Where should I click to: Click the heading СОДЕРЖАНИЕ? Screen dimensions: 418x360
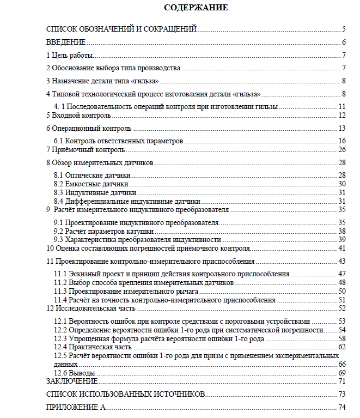pyautogui.click(x=196, y=8)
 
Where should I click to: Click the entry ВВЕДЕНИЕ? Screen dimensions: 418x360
pyautogui.click(x=66, y=43)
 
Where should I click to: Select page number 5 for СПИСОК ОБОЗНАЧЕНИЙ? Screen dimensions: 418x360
pyautogui.click(x=344, y=29)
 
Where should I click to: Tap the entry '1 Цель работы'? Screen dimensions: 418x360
pyautogui.click(x=70, y=55)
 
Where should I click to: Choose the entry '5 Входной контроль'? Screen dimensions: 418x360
pyautogui.click(x=78, y=116)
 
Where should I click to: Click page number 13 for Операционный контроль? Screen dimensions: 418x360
pyautogui.click(x=342, y=129)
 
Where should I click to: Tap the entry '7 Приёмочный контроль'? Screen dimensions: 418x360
pyautogui.click(x=86, y=149)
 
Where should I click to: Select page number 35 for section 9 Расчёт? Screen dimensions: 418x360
pyautogui.click(x=342, y=209)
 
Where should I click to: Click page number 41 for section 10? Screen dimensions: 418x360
pyautogui.click(x=342, y=249)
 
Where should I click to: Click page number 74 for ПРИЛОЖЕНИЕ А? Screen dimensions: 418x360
pyautogui.click(x=342, y=407)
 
